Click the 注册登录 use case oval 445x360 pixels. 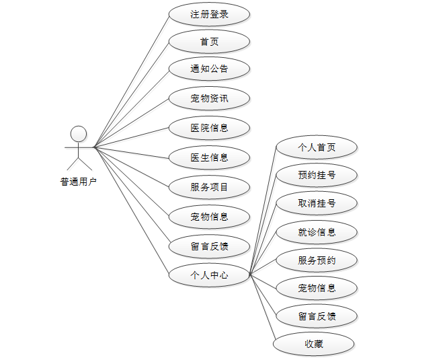pos(209,13)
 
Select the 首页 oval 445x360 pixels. pos(209,42)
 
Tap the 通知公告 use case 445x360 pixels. pos(209,69)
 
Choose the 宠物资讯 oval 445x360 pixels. pos(209,99)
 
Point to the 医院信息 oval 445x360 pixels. pos(209,128)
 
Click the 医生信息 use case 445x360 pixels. pos(209,157)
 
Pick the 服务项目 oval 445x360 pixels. pos(209,187)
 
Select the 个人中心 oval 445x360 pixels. pos(209,275)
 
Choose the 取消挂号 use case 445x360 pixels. pos(317,203)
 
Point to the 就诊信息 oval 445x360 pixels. pos(317,232)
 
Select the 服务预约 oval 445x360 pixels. pos(317,260)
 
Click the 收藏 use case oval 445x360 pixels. pos(313,344)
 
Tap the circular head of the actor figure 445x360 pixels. pos(79,133)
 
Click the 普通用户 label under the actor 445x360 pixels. pos(79,181)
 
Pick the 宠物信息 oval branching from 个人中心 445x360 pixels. pos(317,288)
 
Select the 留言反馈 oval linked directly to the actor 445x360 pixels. pos(209,246)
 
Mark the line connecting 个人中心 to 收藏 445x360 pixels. pos(263,308)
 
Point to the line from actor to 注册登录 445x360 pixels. pos(132,81)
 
